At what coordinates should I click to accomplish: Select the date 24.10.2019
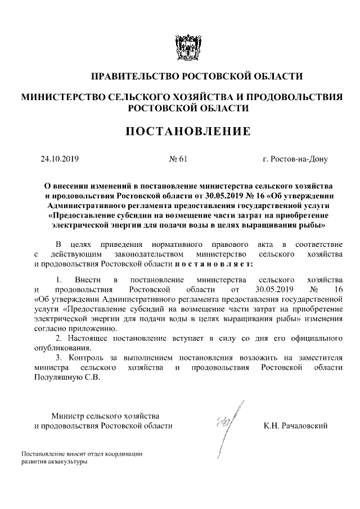[x=59, y=159]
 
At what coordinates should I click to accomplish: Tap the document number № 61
[x=178, y=159]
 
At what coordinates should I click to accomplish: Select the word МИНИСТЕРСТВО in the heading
[x=58, y=97]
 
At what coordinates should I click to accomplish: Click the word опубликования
[x=58, y=348]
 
